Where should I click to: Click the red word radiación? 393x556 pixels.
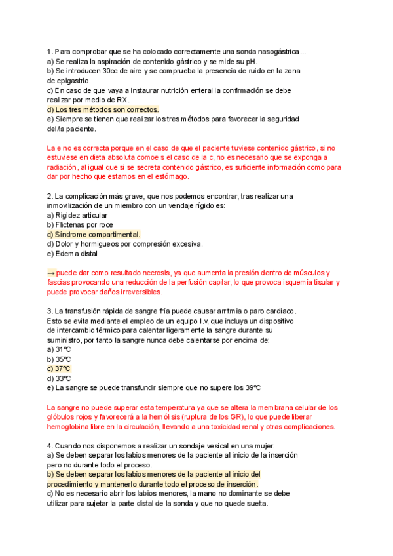click(66, 167)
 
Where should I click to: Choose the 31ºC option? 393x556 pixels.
click(63, 349)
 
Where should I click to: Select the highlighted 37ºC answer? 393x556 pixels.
click(63, 368)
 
